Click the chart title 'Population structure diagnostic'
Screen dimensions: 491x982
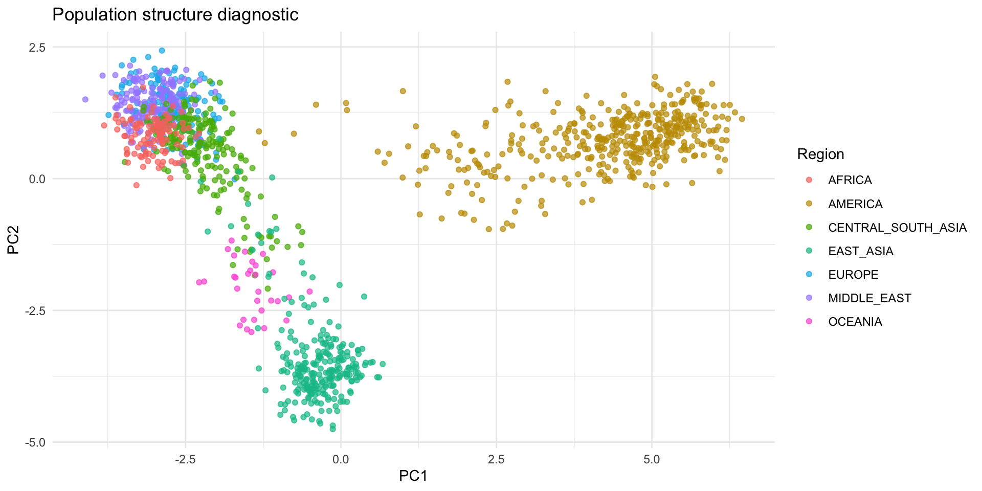click(x=175, y=15)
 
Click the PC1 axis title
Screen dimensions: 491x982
click(x=413, y=476)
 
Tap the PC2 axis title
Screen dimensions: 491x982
click(x=13, y=240)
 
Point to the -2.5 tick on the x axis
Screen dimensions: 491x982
click(x=185, y=459)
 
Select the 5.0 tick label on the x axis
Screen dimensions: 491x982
click(x=652, y=459)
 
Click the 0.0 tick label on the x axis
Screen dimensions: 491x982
click(x=341, y=459)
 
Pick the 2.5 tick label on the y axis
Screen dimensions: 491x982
click(x=37, y=48)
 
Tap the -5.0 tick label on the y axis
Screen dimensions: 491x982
click(x=35, y=442)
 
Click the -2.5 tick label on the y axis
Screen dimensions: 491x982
click(x=35, y=311)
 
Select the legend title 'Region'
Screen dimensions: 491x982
click(x=820, y=154)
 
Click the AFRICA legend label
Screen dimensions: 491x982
click(x=850, y=180)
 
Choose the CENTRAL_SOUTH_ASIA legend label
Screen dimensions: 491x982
click(x=897, y=228)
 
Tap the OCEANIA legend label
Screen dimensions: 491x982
click(x=855, y=322)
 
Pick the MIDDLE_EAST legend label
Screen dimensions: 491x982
click(x=869, y=298)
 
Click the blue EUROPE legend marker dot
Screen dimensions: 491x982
click(x=809, y=275)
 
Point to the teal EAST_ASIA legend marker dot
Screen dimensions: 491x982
click(x=809, y=251)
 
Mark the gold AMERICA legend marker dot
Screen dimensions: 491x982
click(x=809, y=204)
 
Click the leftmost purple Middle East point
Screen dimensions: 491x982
click(x=85, y=100)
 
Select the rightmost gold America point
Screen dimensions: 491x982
click(x=742, y=119)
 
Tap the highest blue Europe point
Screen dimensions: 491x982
click(x=162, y=51)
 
